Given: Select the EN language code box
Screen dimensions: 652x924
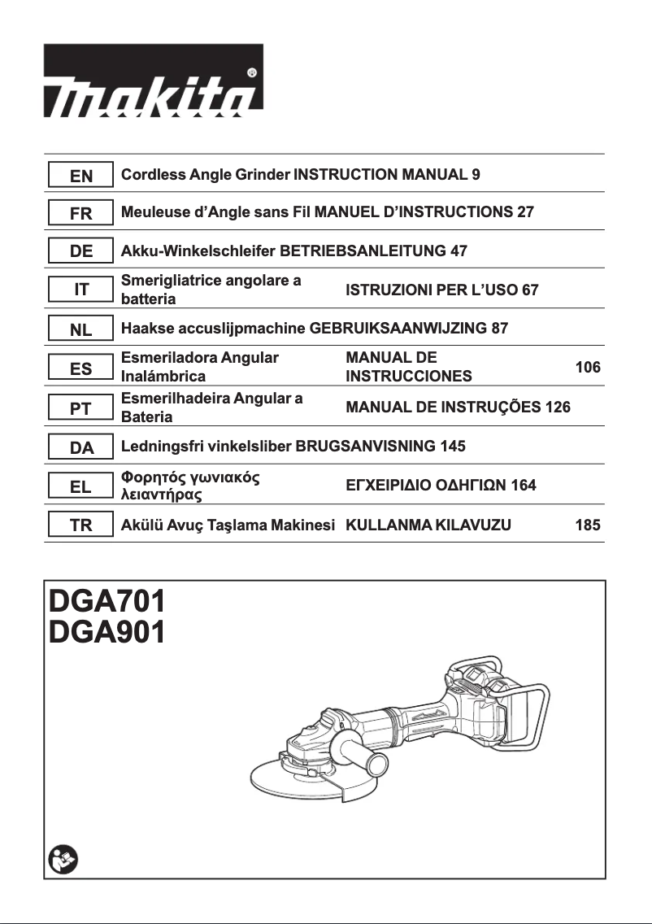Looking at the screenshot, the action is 80,175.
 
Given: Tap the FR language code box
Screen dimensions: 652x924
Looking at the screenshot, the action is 80,213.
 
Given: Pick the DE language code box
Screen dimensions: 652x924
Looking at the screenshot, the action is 80,251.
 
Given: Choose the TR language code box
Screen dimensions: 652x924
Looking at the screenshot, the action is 80,525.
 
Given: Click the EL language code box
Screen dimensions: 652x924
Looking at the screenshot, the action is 80,486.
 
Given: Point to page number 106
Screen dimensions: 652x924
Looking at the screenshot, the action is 587,368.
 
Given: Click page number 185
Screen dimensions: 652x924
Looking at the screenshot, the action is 587,525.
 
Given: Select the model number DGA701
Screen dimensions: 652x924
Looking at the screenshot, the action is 107,602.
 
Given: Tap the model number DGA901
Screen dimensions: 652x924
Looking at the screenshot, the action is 107,633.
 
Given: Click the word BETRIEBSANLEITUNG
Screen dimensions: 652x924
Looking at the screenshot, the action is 363,251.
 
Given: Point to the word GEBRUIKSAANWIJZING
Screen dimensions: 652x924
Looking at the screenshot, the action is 393,329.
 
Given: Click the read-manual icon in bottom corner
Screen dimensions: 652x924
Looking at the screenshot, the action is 63,859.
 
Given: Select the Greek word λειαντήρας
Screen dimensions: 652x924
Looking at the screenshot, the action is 162,494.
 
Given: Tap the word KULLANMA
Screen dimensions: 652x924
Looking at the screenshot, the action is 388,525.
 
